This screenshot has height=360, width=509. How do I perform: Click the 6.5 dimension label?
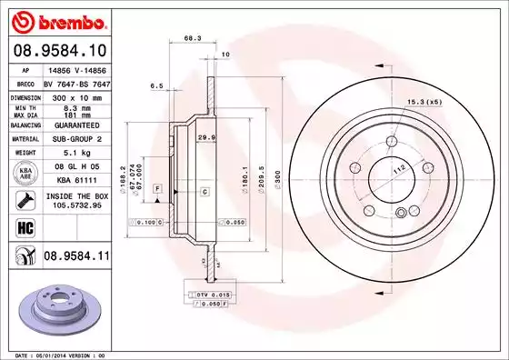(x=155, y=86)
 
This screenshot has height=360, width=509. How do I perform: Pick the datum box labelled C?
(x=204, y=191)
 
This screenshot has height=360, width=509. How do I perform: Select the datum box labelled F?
(x=158, y=188)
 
